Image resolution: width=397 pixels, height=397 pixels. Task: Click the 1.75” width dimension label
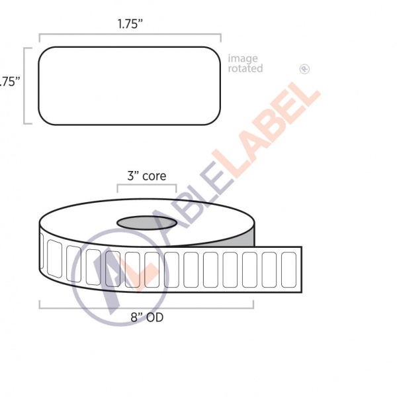[x=130, y=24]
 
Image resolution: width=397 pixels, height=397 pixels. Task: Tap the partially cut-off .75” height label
[x=9, y=82]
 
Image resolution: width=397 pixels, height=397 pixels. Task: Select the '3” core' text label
[x=146, y=177]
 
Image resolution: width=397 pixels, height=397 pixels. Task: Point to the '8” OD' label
[x=146, y=317]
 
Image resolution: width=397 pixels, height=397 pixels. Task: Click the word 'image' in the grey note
[x=243, y=59]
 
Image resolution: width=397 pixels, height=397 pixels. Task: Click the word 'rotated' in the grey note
[x=245, y=69]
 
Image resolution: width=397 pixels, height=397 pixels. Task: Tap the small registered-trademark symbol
[x=304, y=68]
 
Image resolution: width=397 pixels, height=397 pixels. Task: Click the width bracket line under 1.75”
[x=130, y=34]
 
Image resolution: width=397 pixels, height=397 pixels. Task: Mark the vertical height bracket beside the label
[x=25, y=85]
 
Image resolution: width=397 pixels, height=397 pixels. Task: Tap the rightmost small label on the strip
[x=288, y=268]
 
